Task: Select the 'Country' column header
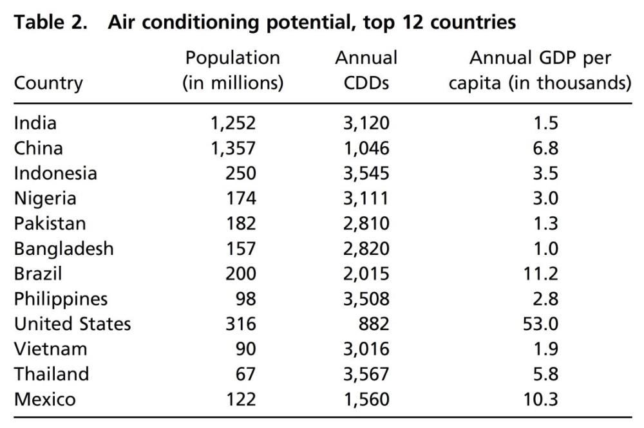(48, 83)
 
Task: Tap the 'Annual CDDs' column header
(366, 71)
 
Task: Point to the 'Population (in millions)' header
(232, 71)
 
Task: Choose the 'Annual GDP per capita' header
(540, 71)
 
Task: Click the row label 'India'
(35, 123)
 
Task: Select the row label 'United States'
(72, 324)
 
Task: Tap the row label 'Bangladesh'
(64, 248)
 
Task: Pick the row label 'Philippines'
(61, 299)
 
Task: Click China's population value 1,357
(232, 148)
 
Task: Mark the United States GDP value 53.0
(540, 324)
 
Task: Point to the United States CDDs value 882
(373, 324)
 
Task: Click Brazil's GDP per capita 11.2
(540, 274)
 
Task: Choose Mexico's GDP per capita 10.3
(540, 399)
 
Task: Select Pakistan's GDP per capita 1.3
(545, 223)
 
